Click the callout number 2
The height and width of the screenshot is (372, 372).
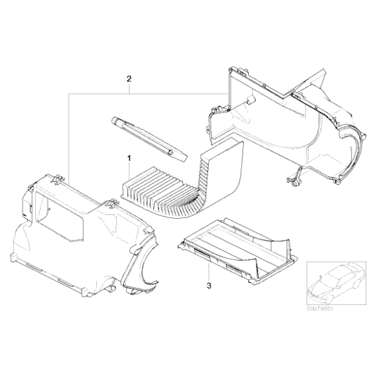coord(129,80)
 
